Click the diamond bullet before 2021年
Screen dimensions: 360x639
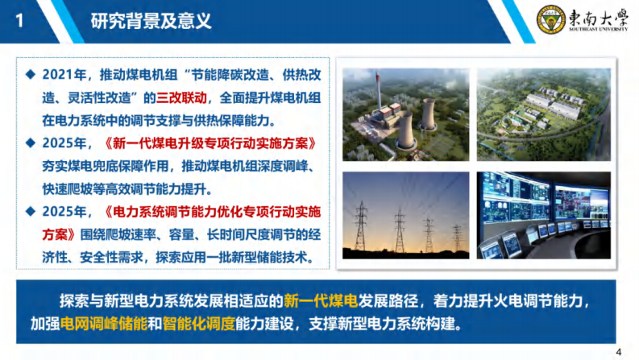pyautogui.click(x=29, y=75)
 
